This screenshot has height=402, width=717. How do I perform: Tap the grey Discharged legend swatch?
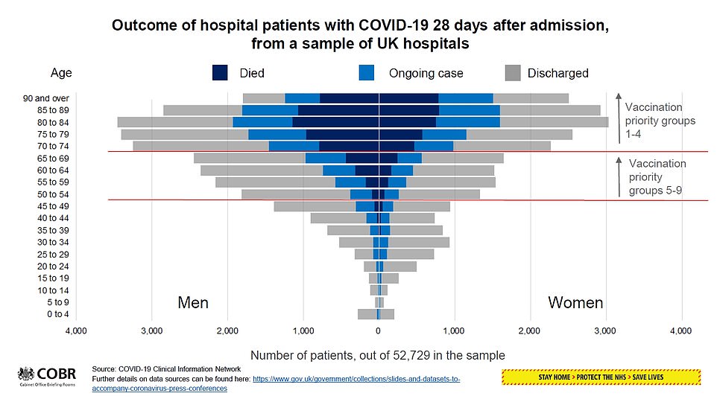tap(511, 72)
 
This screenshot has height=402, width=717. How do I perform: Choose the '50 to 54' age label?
tap(54, 194)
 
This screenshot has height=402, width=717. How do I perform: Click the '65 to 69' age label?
tap(54, 158)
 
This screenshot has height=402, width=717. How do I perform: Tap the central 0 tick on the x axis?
tap(378, 331)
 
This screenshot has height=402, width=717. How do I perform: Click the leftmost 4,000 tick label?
tap(75, 331)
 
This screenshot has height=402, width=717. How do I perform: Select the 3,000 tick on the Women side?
tap(605, 331)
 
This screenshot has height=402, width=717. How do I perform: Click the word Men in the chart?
tap(193, 303)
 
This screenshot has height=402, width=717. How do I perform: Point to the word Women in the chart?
tap(575, 303)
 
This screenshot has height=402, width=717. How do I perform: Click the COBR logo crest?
tap(26, 374)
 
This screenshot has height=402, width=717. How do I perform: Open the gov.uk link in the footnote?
tap(356, 379)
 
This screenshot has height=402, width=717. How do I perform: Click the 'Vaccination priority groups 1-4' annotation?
tap(660, 120)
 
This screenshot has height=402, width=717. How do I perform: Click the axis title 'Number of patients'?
tap(378, 355)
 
